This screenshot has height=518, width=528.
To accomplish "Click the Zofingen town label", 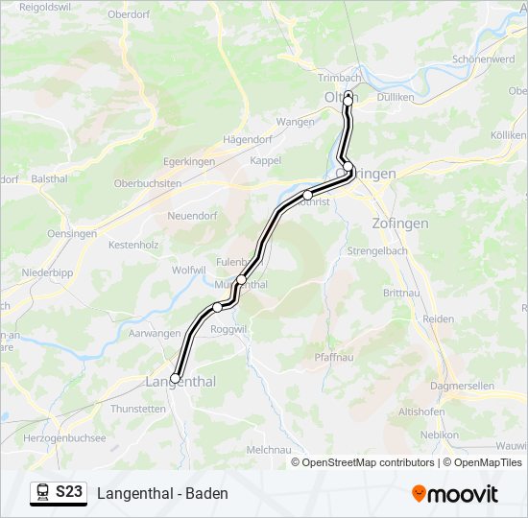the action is pyautogui.click(x=399, y=224).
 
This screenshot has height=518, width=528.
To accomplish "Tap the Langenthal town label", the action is pyautogui.click(x=180, y=382).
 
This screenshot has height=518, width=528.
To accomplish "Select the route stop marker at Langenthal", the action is pyautogui.click(x=176, y=377).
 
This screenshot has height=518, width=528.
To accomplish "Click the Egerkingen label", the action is pyautogui.click(x=189, y=161).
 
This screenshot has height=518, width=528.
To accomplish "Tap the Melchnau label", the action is pyautogui.click(x=269, y=449).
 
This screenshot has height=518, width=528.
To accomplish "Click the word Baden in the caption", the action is pyautogui.click(x=206, y=493).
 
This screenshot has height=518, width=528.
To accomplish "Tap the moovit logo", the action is pyautogui.click(x=455, y=493).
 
